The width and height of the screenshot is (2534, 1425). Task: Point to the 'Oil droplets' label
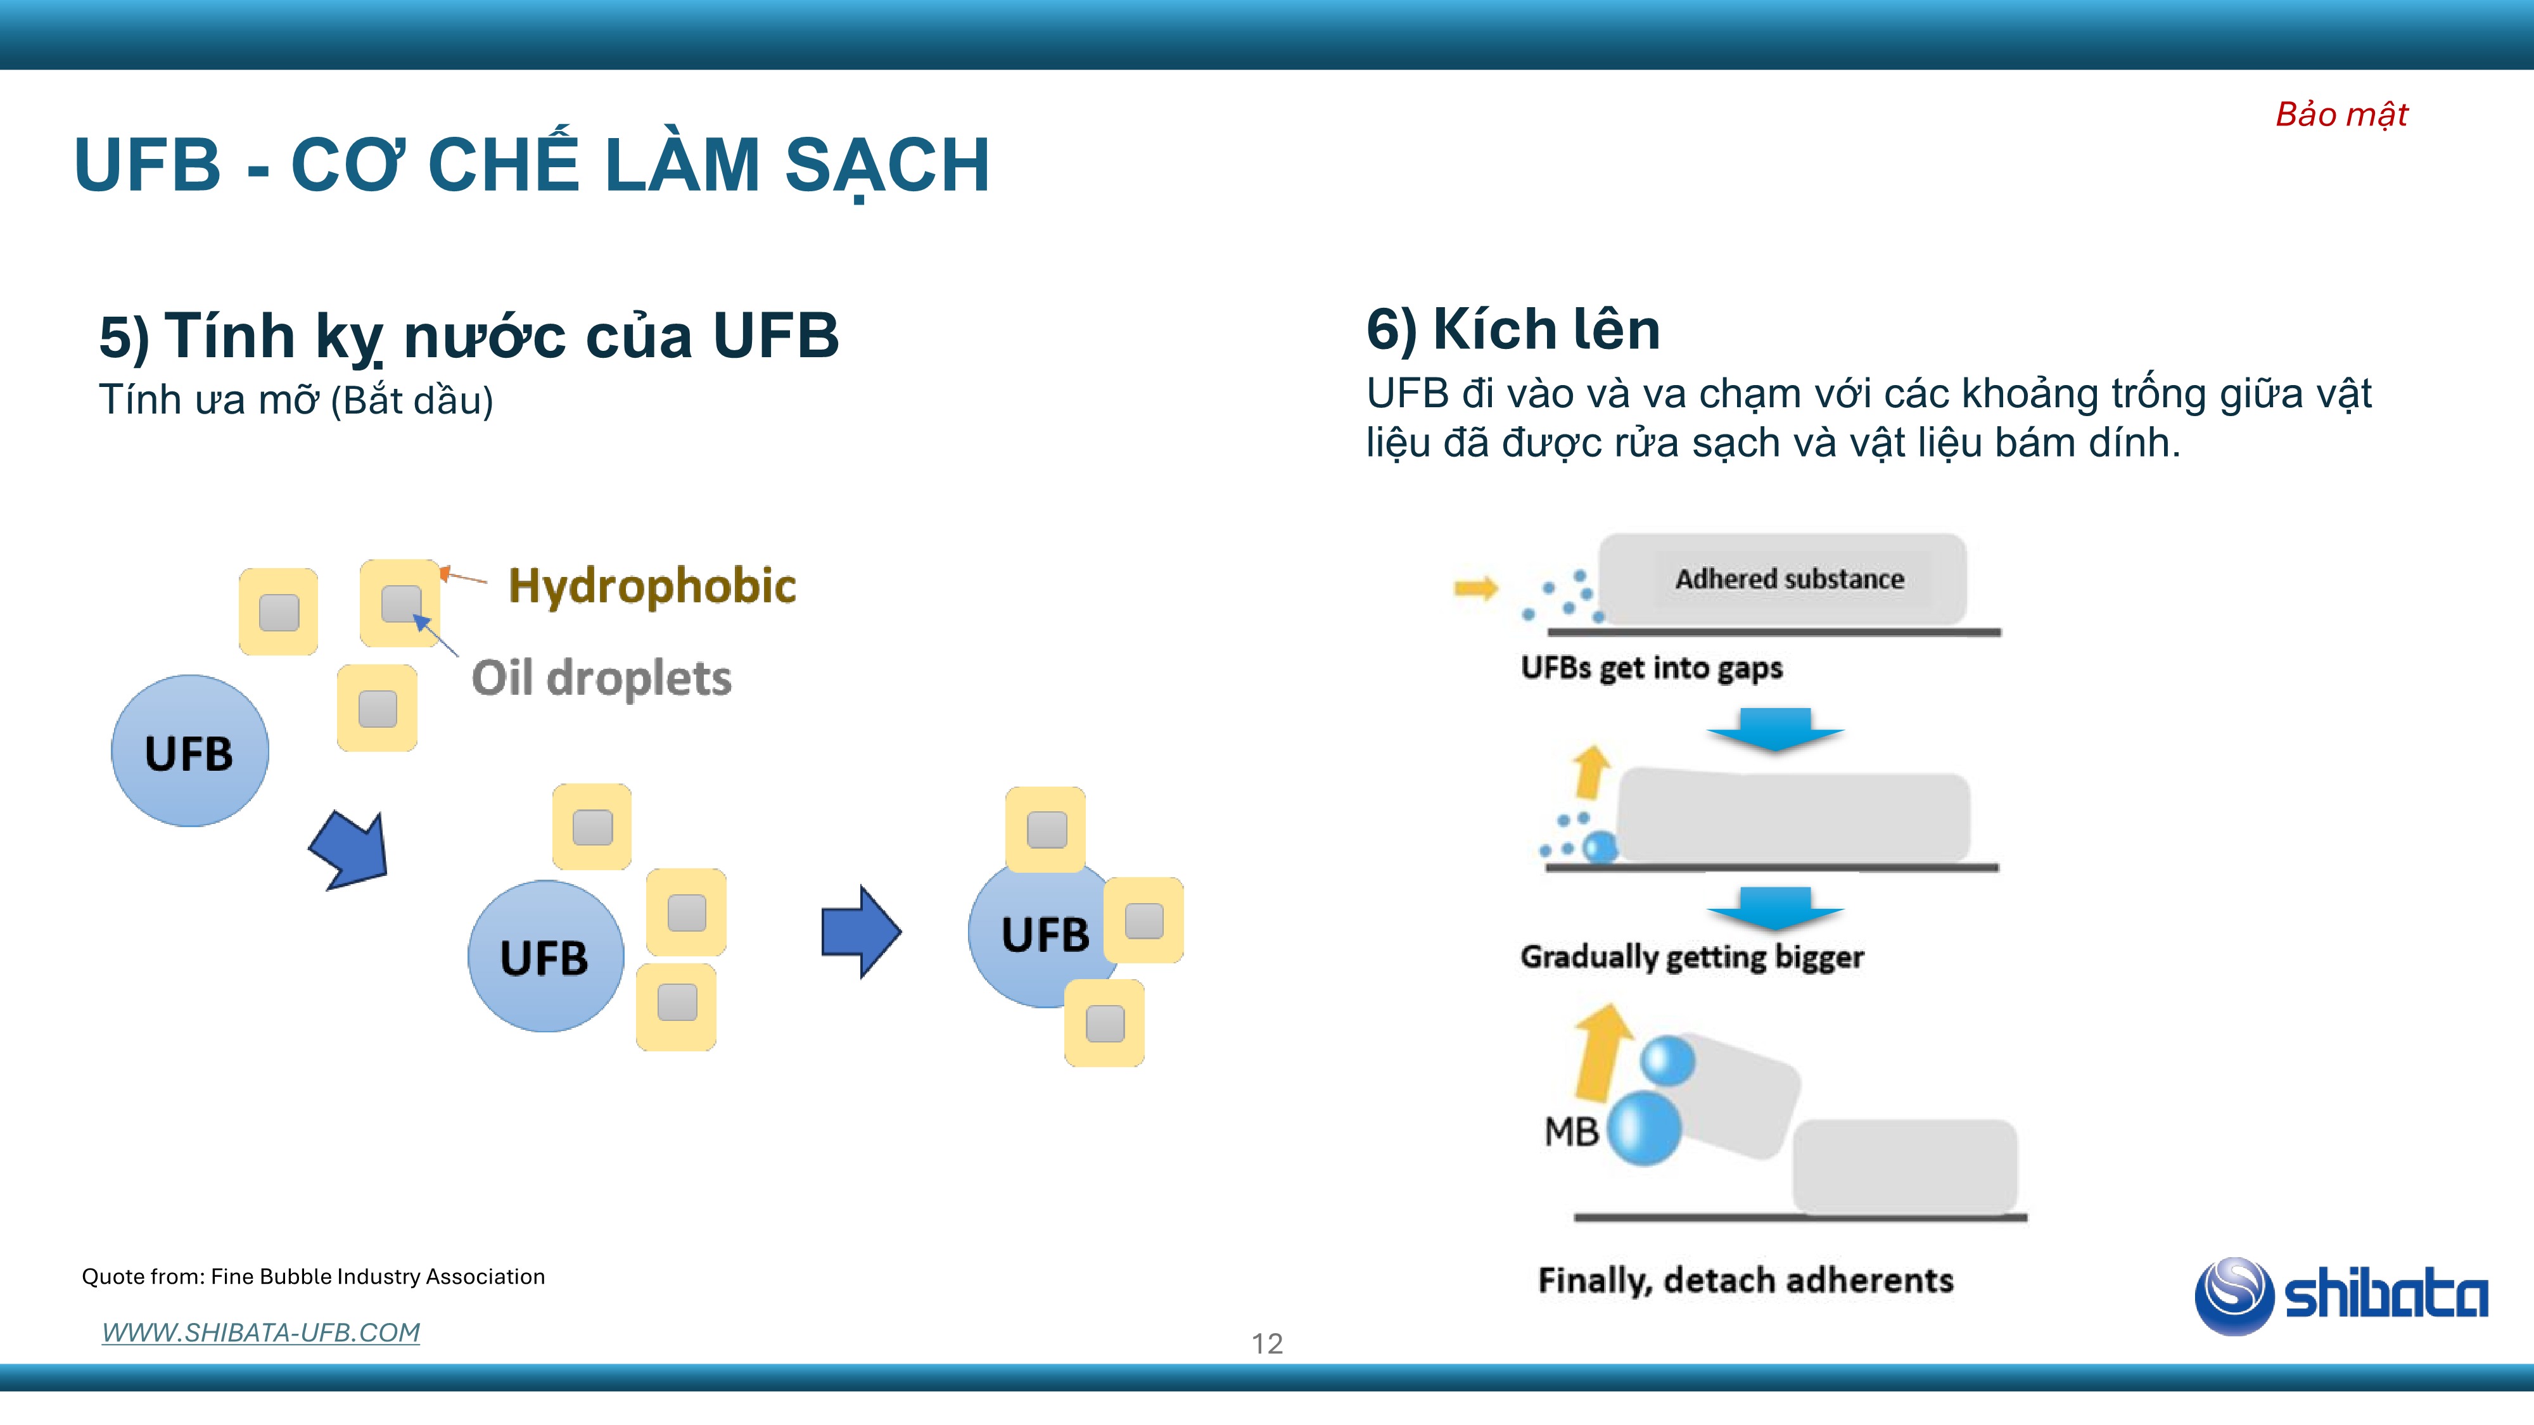coord(601,678)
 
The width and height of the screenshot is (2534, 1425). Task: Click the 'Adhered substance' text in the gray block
coord(1790,579)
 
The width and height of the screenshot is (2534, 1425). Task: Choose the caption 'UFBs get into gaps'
coord(1652,668)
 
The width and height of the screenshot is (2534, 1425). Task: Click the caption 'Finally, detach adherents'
coord(1746,1281)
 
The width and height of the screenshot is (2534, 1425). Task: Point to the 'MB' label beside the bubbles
coord(1571,1132)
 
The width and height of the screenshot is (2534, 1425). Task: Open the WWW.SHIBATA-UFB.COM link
coord(260,1333)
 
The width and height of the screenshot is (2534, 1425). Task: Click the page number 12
coord(1267,1343)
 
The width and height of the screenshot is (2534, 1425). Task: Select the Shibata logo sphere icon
coord(2234,1295)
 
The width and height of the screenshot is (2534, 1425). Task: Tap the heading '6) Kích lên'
coord(1513,329)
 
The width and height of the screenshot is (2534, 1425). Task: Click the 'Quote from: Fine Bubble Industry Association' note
coord(313,1277)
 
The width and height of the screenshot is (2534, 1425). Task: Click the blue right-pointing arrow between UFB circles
coord(861,931)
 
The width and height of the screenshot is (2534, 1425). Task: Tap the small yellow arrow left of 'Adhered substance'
coord(1475,588)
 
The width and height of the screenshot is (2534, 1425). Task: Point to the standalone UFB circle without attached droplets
coord(190,750)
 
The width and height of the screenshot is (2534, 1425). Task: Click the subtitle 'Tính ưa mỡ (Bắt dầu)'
coord(296,400)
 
